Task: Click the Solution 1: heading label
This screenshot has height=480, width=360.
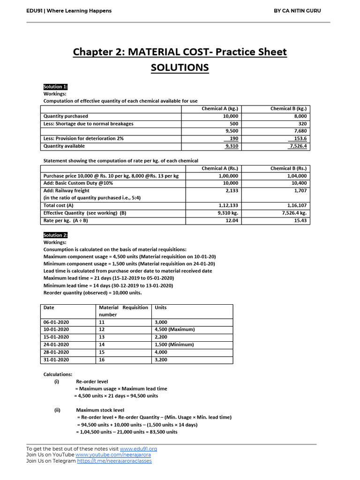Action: (56, 87)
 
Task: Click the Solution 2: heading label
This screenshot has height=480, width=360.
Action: (56, 235)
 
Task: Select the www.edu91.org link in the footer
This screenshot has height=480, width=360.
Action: (138, 449)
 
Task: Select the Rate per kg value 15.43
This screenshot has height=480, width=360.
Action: (300, 220)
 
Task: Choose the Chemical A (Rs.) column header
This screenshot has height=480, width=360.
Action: (220, 168)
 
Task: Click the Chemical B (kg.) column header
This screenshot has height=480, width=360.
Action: (288, 108)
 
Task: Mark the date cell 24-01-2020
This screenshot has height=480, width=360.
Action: (56, 345)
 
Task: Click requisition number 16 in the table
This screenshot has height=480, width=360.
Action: (101, 360)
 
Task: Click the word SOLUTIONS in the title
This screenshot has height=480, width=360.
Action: (180, 68)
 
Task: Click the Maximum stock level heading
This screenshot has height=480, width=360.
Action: (100, 410)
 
